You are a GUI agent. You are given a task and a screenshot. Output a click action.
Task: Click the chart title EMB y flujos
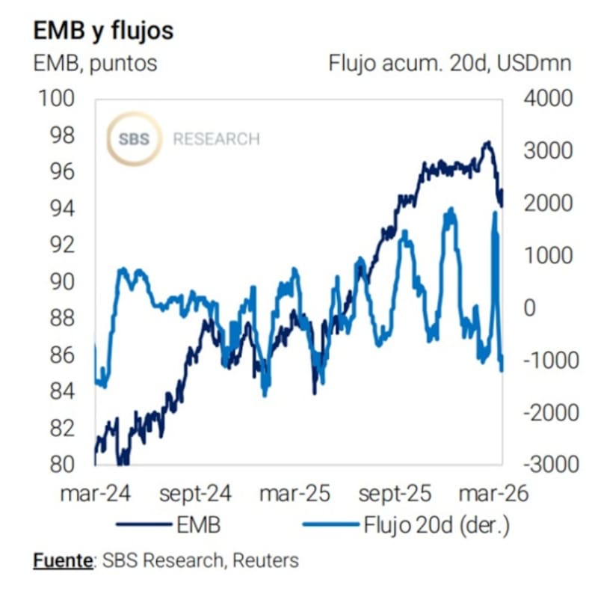(x=103, y=31)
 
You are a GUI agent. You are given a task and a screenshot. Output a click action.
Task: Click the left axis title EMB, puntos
(x=96, y=63)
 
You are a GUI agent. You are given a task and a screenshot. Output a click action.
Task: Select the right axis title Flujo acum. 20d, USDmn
(x=450, y=63)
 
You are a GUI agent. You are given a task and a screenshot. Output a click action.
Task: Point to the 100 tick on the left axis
(x=60, y=99)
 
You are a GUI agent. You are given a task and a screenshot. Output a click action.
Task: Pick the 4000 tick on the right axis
(x=547, y=99)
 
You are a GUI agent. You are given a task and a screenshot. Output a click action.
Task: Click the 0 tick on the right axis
(x=529, y=307)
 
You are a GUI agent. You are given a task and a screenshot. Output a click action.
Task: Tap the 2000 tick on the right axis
(x=547, y=203)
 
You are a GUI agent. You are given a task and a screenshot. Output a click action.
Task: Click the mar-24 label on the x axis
(x=93, y=494)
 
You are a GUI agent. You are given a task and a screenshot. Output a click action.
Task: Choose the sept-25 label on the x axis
(x=395, y=494)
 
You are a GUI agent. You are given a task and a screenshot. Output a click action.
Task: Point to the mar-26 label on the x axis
(x=493, y=494)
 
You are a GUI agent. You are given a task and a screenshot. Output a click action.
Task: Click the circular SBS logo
(x=135, y=139)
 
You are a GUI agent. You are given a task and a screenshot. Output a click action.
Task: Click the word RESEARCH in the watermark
(x=216, y=139)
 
